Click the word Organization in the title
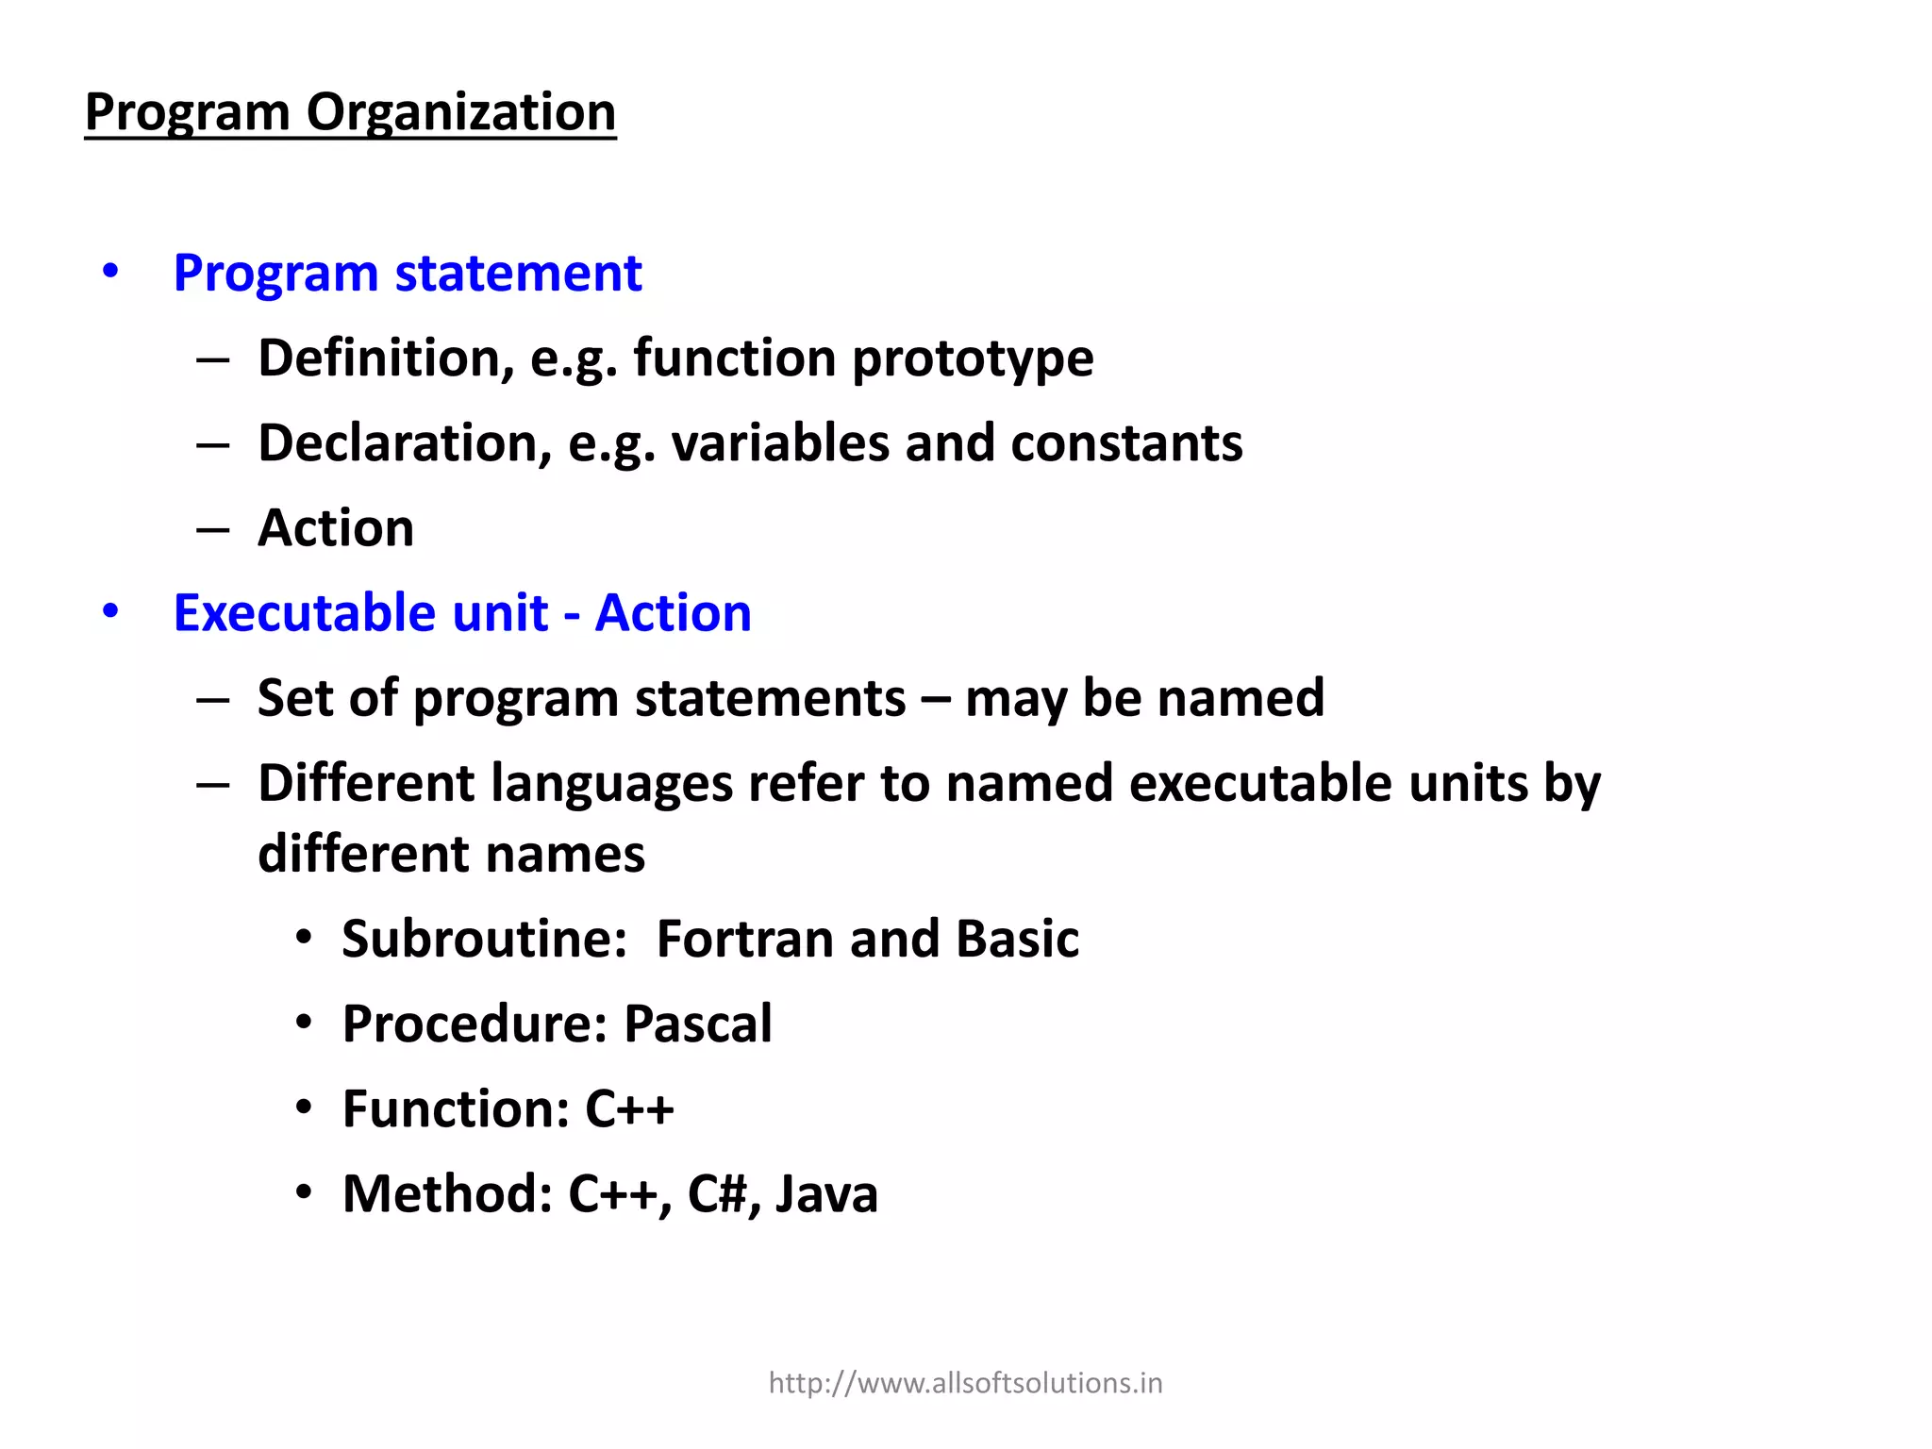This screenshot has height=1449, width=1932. (460, 112)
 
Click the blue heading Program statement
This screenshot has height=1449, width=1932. (408, 274)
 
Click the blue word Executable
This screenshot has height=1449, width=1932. (360, 613)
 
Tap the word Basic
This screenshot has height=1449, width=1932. (1017, 940)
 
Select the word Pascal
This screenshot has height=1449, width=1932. (698, 1024)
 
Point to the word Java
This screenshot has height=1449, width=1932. (826, 1194)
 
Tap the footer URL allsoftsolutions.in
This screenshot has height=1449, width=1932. (965, 1383)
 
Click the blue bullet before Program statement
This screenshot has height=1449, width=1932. (110, 272)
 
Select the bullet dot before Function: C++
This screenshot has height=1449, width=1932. (303, 1108)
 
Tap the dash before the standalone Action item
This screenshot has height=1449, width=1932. (213, 530)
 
